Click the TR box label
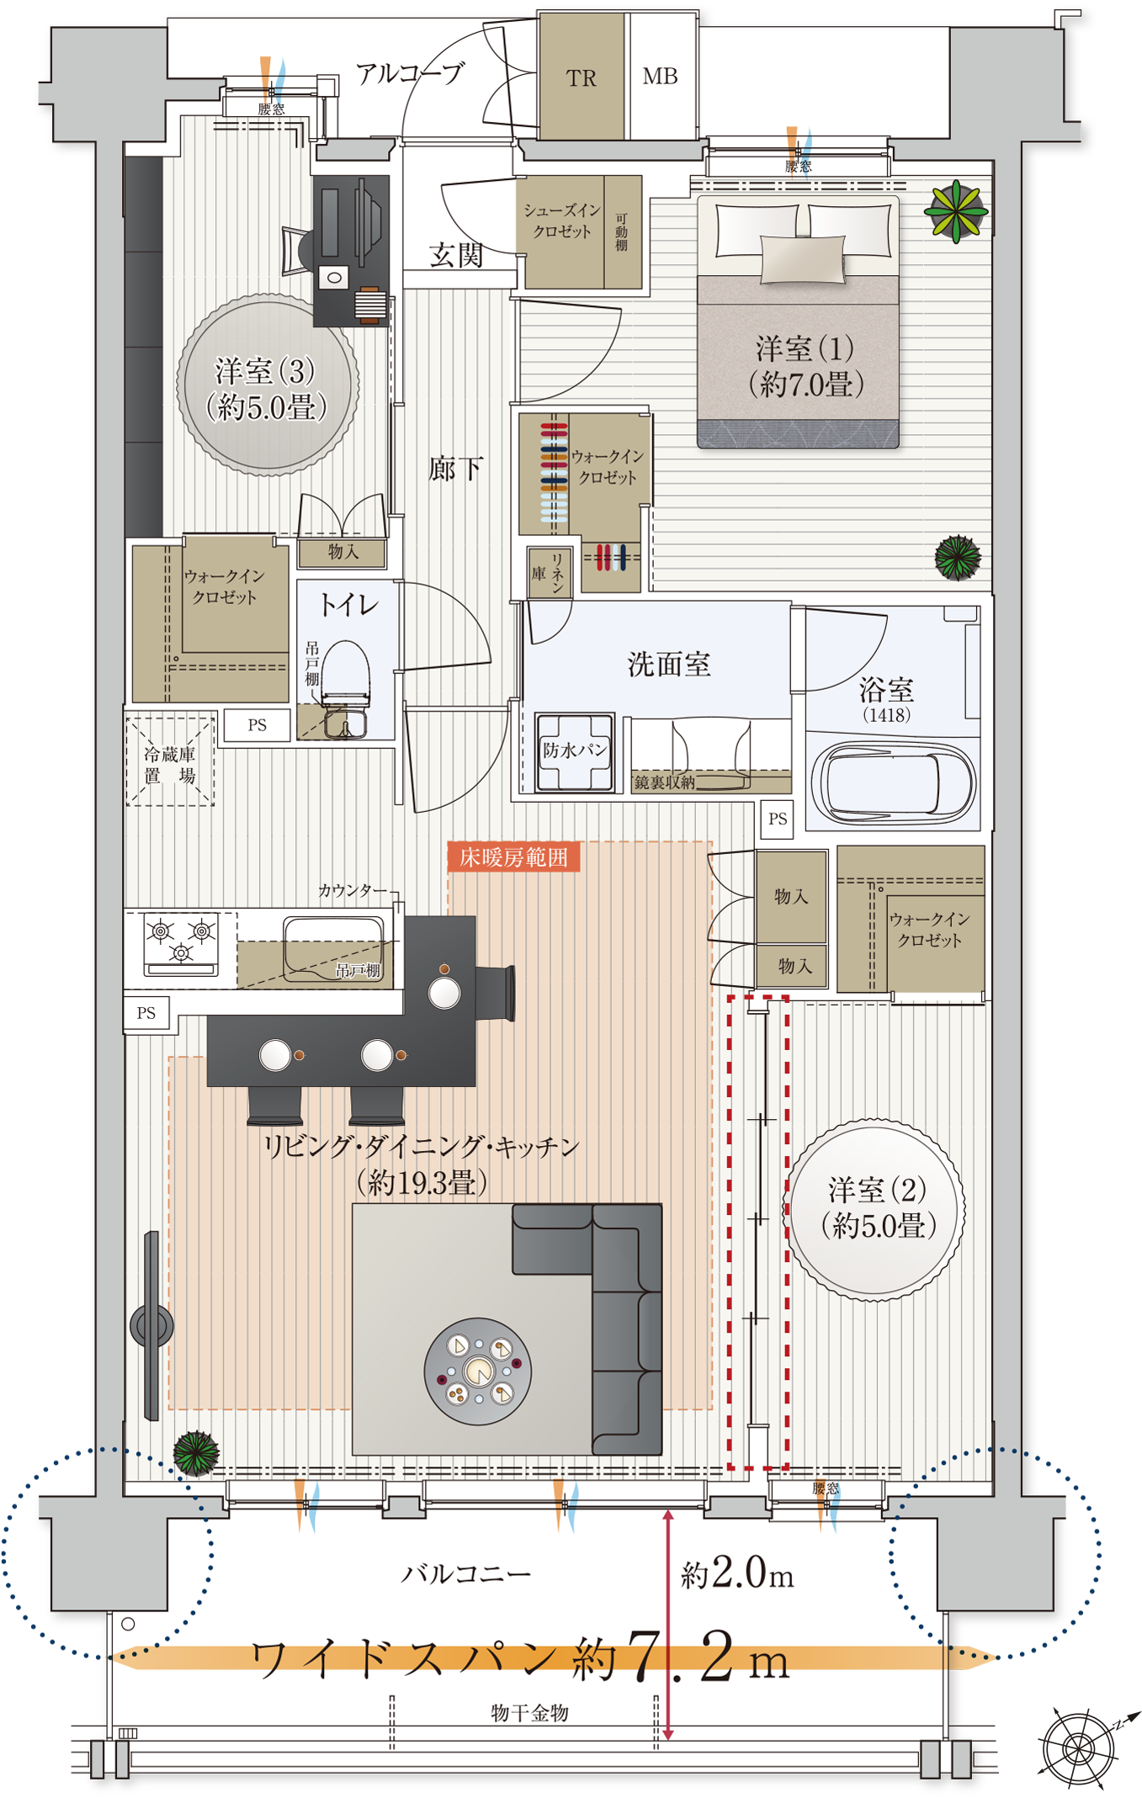click(581, 78)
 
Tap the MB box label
click(660, 77)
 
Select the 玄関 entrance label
click(456, 255)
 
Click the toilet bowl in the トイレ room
click(346, 673)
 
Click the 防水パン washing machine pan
click(575, 751)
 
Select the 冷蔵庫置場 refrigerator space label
click(170, 764)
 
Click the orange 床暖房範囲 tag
click(513, 857)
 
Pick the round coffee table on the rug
click(478, 1371)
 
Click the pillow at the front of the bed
click(802, 258)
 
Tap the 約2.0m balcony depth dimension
click(737, 1573)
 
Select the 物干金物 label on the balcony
click(529, 1712)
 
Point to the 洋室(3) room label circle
click(268, 386)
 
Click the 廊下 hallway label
click(455, 469)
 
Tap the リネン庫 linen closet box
click(550, 573)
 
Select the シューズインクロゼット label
click(561, 220)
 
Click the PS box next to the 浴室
click(778, 818)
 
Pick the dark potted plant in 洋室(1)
click(958, 556)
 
